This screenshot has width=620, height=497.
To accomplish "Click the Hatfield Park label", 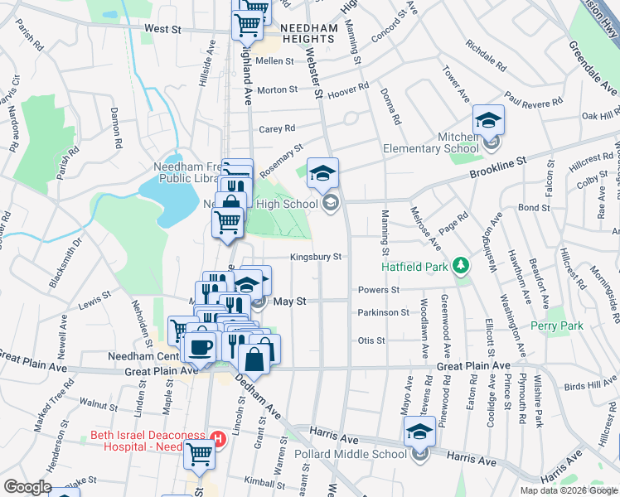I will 414,267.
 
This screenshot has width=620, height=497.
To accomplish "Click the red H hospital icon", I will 219,439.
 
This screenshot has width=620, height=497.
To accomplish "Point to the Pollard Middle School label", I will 351,454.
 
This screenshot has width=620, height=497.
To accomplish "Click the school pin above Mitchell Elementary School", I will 488,121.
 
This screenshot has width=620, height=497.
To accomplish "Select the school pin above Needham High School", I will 322,174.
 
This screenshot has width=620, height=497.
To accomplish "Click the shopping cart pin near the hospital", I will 199,454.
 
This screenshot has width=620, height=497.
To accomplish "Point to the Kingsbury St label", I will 315,258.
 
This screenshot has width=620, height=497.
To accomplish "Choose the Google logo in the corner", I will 27,487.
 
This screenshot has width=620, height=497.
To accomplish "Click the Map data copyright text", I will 569,490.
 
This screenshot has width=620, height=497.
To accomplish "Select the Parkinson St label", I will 383,312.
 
